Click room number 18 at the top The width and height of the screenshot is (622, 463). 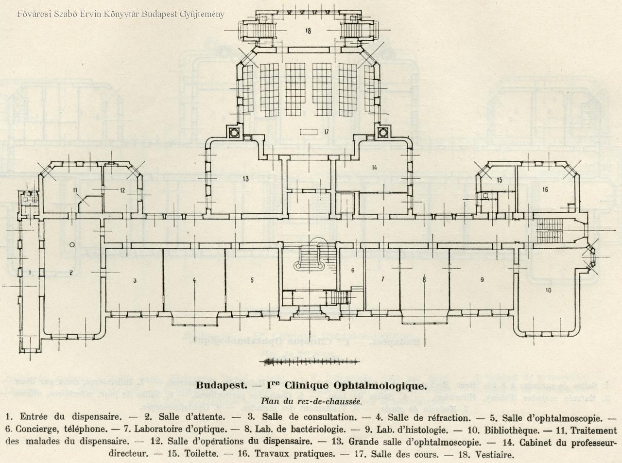(308, 31)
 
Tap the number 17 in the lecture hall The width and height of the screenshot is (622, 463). (326, 132)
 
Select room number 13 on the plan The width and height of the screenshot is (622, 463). (245, 179)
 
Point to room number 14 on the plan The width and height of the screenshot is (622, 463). (374, 168)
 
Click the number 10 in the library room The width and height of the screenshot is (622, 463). (548, 291)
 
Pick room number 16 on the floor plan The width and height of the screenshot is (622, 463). (545, 189)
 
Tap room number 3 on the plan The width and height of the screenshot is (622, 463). (135, 280)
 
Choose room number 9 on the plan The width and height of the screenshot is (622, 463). (482, 279)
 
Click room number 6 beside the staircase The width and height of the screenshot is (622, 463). (352, 270)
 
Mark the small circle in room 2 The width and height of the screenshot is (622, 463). (72, 245)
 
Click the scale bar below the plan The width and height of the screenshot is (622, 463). (311, 361)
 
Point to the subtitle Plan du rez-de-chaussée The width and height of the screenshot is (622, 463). (311, 401)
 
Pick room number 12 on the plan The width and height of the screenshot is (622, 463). (123, 190)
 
